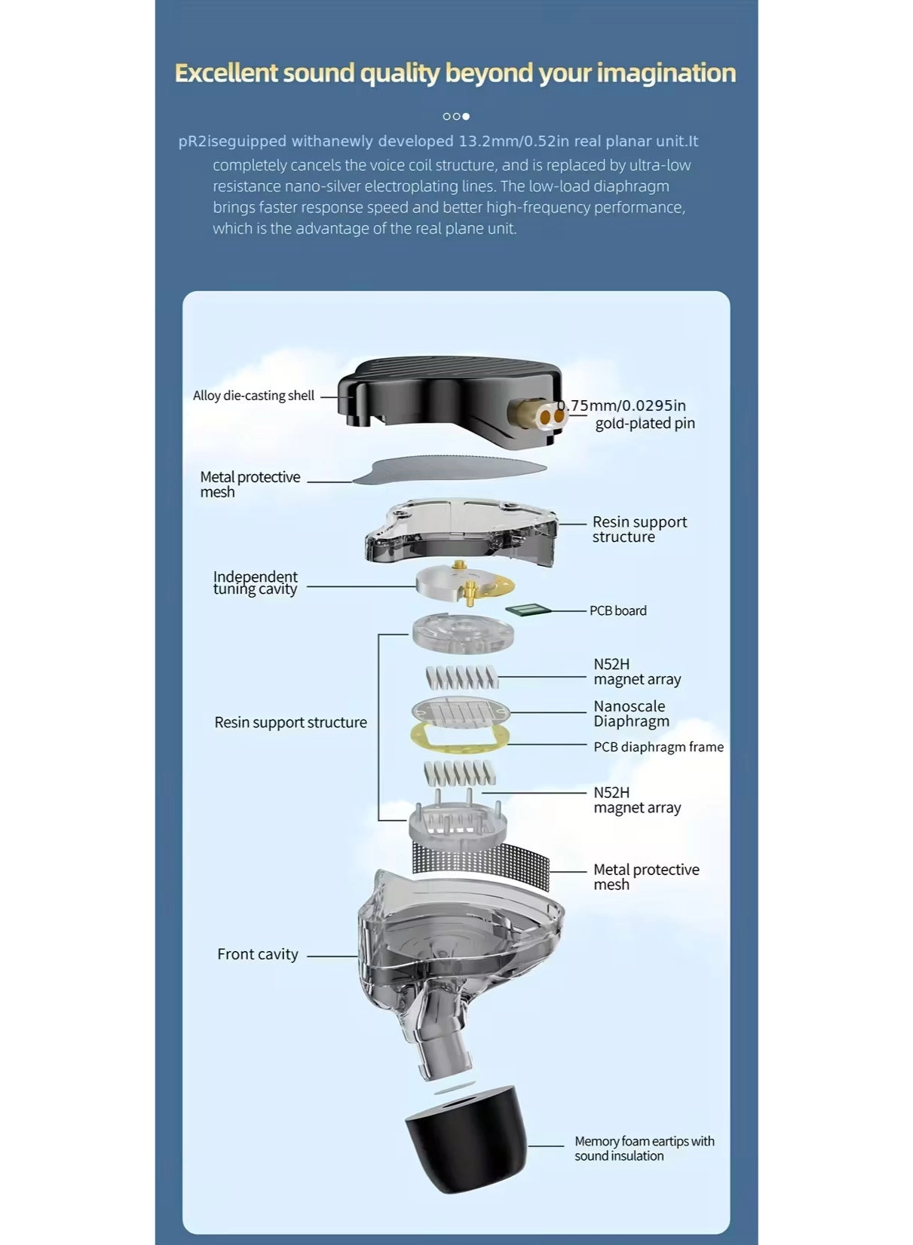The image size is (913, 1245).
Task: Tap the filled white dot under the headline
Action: pyautogui.click(x=466, y=116)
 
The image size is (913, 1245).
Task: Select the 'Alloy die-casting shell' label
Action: pyautogui.click(x=253, y=396)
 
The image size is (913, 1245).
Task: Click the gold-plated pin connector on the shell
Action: pyautogui.click(x=537, y=414)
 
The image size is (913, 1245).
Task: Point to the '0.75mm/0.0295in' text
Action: pyautogui.click(x=622, y=405)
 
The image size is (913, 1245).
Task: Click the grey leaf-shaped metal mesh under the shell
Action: pyautogui.click(x=449, y=469)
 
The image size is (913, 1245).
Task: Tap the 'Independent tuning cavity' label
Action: pyautogui.click(x=256, y=583)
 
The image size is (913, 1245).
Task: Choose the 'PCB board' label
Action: pyautogui.click(x=617, y=611)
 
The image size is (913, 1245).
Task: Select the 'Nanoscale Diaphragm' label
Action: pyautogui.click(x=632, y=714)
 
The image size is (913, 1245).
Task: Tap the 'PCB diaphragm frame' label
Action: pyautogui.click(x=658, y=747)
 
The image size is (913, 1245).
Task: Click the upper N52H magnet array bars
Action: pyautogui.click(x=461, y=677)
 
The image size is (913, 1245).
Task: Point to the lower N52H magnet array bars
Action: pyautogui.click(x=459, y=772)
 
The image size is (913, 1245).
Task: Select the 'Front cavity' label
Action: pyautogui.click(x=258, y=954)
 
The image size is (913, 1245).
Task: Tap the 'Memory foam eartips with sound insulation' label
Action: pyautogui.click(x=645, y=1149)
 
